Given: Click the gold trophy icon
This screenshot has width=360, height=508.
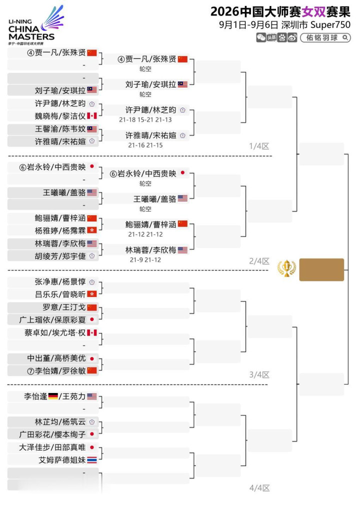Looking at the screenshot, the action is [x=287, y=268].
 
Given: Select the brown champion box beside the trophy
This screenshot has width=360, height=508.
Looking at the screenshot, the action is [x=321, y=269].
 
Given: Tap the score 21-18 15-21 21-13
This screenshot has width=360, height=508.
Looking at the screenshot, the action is [x=145, y=120].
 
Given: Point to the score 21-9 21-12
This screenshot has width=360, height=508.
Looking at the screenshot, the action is [x=145, y=260].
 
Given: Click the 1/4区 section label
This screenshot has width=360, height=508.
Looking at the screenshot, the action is [x=259, y=146].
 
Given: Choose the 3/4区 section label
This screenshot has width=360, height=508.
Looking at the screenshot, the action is [x=259, y=375].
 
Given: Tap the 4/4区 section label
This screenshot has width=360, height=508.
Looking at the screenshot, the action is [x=259, y=488].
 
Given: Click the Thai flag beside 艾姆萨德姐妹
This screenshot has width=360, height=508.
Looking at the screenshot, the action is [x=92, y=460].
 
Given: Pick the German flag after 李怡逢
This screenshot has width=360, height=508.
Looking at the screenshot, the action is [x=53, y=396].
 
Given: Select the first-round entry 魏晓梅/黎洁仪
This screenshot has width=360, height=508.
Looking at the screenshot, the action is [x=60, y=116].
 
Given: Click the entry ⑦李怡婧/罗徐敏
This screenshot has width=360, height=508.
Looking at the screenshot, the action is [x=56, y=370].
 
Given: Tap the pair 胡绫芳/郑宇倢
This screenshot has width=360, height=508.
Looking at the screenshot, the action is [x=60, y=256].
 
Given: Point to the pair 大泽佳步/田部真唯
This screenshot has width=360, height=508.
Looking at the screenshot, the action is [x=52, y=447].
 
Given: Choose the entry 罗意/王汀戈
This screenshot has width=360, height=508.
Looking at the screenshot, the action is [x=64, y=307].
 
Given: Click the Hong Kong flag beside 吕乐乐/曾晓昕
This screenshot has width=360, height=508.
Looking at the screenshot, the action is [x=92, y=294].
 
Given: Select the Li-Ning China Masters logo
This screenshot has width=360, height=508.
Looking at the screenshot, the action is [x=35, y=26].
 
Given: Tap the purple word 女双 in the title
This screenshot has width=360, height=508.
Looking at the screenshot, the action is [x=313, y=12].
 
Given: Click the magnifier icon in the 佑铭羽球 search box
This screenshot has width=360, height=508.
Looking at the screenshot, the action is [x=345, y=37].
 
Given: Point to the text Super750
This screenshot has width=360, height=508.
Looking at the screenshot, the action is [x=330, y=25].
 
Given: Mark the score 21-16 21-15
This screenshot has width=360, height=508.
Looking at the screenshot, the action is [x=145, y=145].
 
